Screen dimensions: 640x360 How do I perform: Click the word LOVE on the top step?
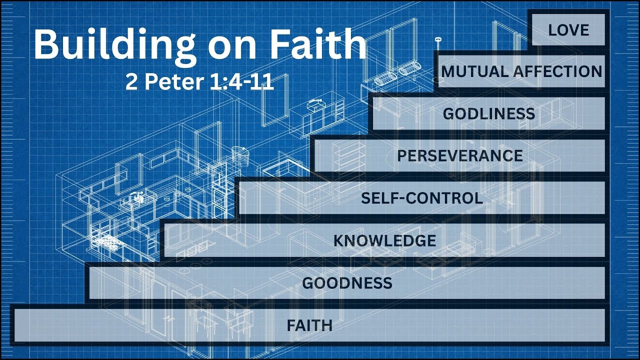[x=568, y=30]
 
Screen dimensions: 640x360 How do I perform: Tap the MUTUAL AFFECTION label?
[x=521, y=71]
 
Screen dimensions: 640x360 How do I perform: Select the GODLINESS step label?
[x=489, y=113]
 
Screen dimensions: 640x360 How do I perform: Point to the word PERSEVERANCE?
[x=460, y=155]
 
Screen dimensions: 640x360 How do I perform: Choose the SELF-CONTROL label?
[x=422, y=198]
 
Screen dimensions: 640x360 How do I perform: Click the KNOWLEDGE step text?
[x=385, y=240]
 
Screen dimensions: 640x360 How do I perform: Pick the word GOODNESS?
[x=347, y=283]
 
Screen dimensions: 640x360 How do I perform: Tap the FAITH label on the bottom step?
[x=309, y=325]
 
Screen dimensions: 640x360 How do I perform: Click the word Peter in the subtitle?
[x=175, y=82]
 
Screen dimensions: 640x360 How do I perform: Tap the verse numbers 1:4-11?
[x=242, y=82]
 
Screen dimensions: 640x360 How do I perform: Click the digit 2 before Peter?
[x=131, y=82]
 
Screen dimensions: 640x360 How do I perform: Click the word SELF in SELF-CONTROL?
[x=378, y=198]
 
